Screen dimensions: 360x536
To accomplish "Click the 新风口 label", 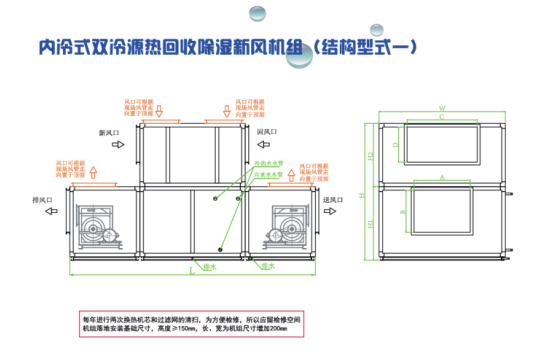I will click(108, 132).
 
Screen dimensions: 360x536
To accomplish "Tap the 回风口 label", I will click(266, 131).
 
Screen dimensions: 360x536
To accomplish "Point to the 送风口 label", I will click(332, 199).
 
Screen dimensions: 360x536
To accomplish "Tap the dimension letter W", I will click(441, 106).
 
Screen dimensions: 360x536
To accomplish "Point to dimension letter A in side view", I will click(441, 177).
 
